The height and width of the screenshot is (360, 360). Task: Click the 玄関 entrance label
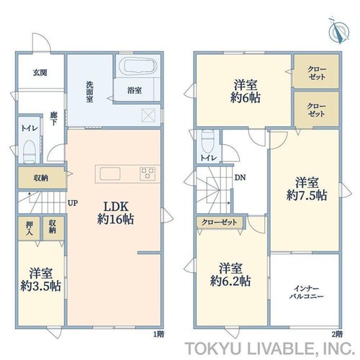40,73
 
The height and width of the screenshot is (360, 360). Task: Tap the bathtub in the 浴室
138,66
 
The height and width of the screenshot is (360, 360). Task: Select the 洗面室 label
90,92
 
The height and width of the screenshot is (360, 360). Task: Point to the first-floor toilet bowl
30,152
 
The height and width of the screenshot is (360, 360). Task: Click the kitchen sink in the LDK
110,174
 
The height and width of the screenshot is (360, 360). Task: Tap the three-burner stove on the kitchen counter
148,174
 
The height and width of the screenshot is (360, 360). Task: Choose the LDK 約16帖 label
115,212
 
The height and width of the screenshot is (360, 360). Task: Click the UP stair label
73,203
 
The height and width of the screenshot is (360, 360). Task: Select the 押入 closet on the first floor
30,228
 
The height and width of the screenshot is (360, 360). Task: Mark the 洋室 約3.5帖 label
40,279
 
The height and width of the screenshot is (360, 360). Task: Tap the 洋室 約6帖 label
246,91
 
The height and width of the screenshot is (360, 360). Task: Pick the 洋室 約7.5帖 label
307,189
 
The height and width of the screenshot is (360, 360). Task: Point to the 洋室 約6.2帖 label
230,274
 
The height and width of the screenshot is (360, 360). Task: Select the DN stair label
240,178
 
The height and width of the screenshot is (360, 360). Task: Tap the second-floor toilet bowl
208,141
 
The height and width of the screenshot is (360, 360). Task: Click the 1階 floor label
158,334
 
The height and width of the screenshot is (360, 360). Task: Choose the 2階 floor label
338,334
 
